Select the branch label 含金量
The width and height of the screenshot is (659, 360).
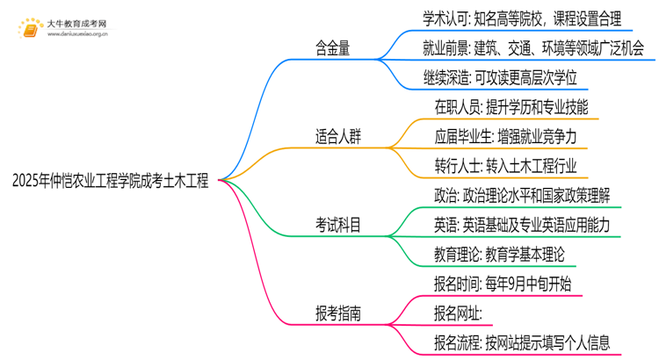pyautogui.click(x=333, y=49)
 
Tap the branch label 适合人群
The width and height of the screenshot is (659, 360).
pyautogui.click(x=338, y=136)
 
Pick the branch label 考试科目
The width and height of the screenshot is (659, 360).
pyautogui.click(x=338, y=224)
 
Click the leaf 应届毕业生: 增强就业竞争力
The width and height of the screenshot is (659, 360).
pyautogui.click(x=505, y=136)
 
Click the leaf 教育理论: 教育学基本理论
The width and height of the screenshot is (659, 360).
pyautogui.click(x=499, y=253)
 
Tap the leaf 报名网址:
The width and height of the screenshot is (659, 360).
pyautogui.click(x=459, y=311)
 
